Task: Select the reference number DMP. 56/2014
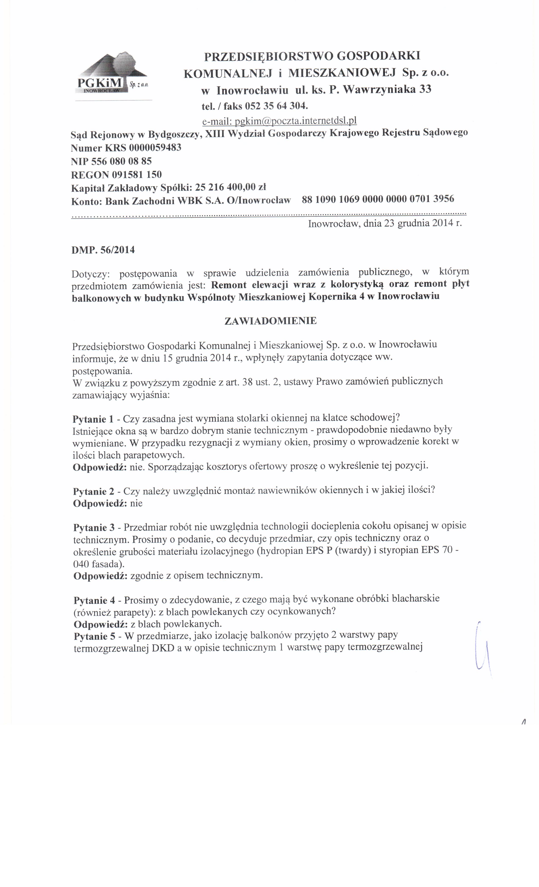click(x=103, y=250)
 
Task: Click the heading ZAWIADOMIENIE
click(x=270, y=321)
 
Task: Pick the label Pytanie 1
click(x=93, y=419)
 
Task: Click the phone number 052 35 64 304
click(x=276, y=106)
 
